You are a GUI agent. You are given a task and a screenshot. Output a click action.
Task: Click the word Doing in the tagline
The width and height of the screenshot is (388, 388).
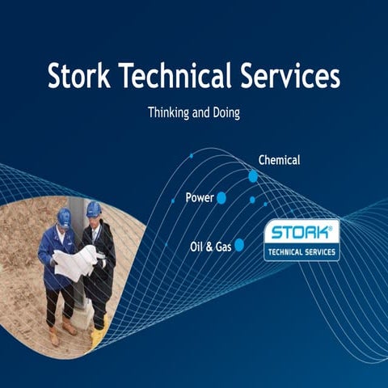tap(224, 113)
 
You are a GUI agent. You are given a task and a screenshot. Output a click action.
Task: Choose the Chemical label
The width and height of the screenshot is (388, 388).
tap(279, 160)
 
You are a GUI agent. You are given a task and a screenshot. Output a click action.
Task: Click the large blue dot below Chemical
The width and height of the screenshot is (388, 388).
tap(253, 176)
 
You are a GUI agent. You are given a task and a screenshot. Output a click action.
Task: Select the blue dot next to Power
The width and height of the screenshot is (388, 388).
tap(221, 198)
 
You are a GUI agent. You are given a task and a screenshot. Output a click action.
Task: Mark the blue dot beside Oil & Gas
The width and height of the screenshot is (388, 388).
tap(239, 245)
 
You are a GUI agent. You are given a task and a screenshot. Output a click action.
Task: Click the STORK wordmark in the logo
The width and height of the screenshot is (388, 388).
tap(298, 234)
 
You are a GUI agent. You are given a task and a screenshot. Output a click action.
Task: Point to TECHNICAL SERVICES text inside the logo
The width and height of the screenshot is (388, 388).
tap(302, 252)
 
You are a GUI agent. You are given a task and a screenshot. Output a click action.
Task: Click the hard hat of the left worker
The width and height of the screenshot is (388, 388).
tap(64, 216)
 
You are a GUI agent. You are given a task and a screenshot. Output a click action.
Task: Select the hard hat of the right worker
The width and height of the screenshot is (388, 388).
tap(94, 209)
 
